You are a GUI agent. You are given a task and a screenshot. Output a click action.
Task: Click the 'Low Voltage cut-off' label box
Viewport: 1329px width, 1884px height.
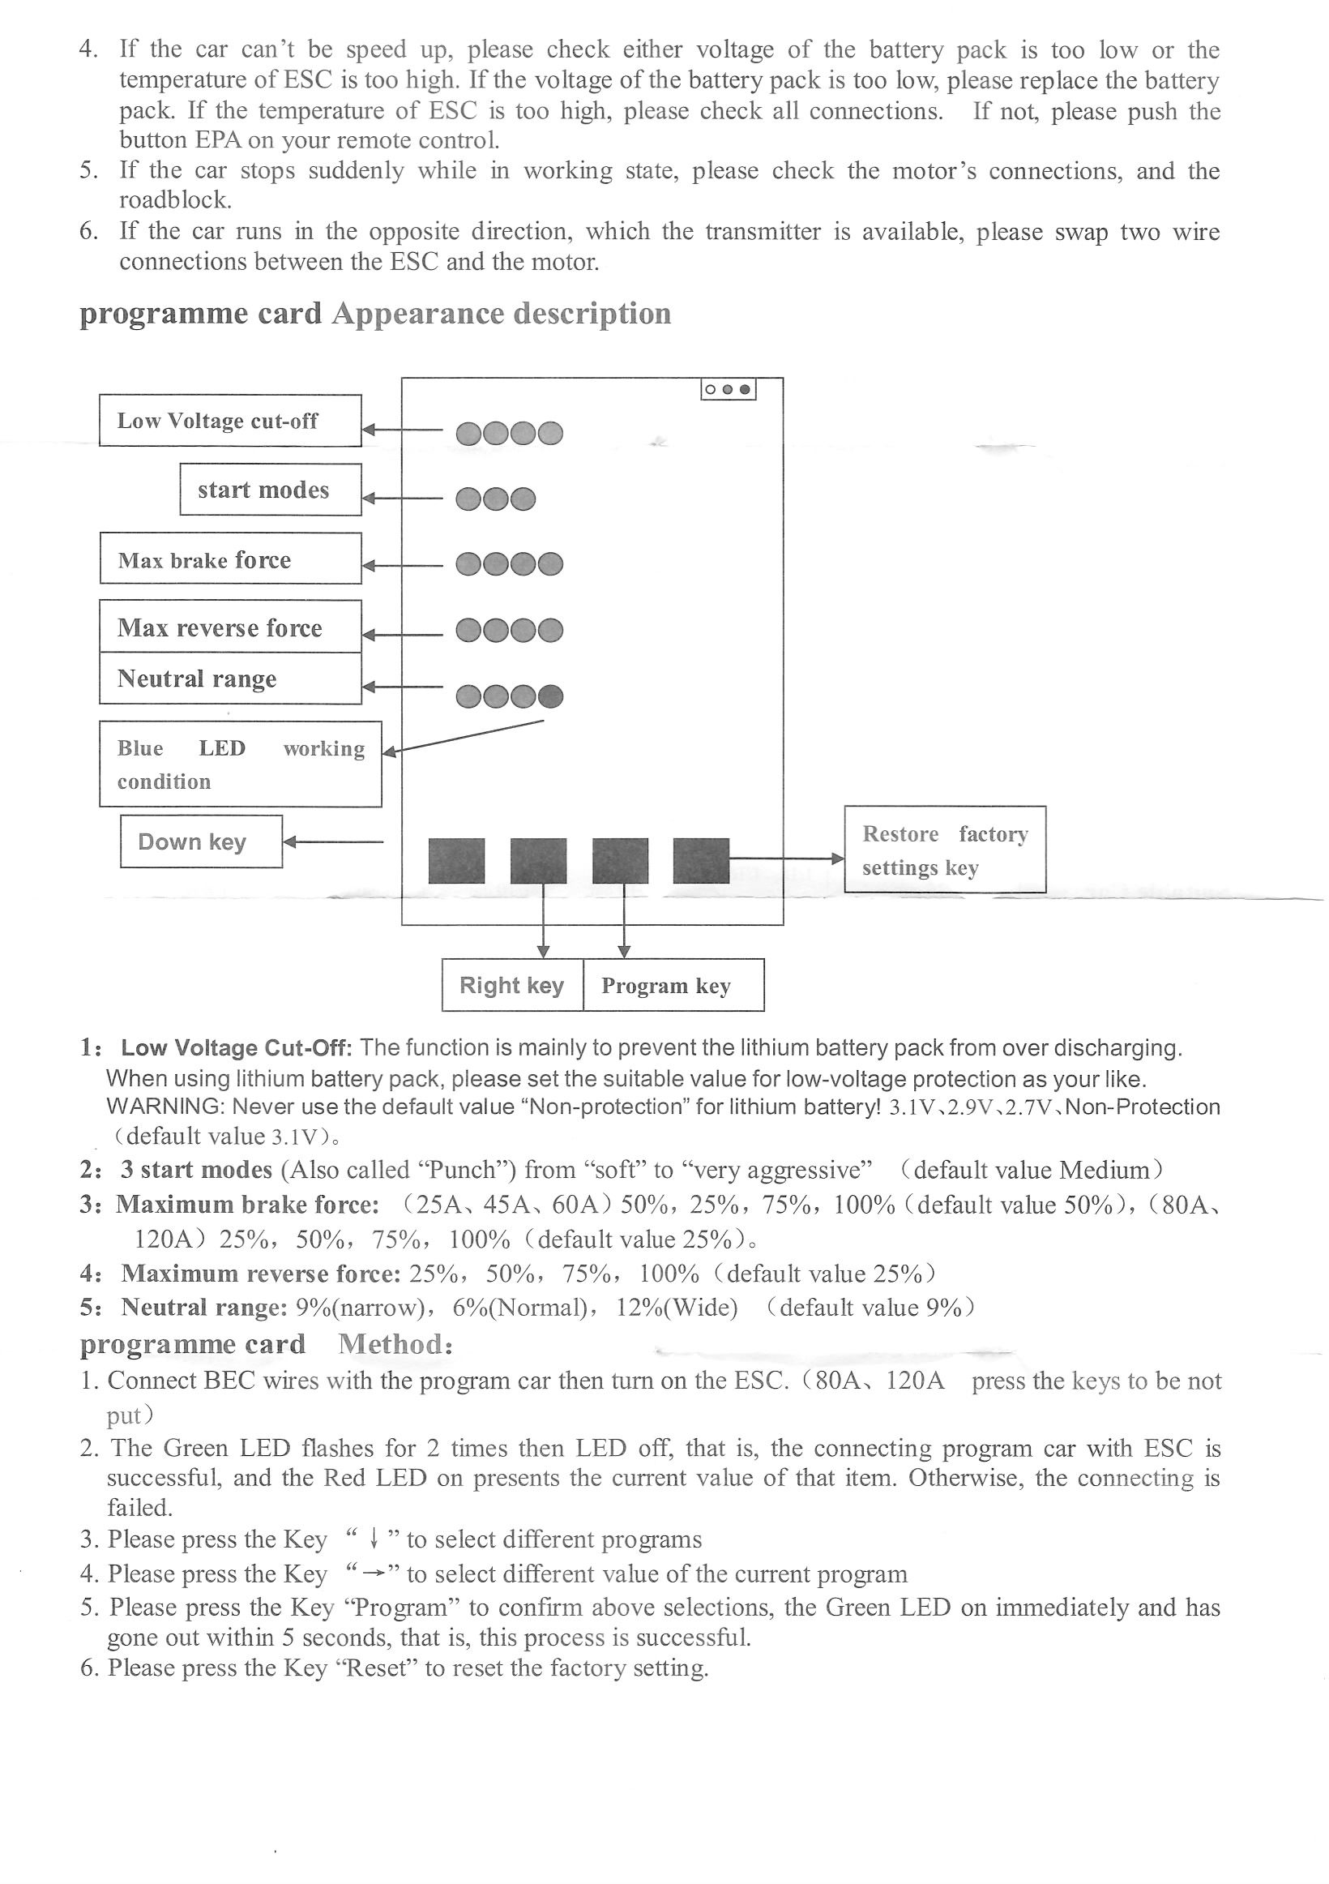click(229, 421)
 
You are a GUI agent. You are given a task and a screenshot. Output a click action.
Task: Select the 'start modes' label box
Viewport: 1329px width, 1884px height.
click(270, 490)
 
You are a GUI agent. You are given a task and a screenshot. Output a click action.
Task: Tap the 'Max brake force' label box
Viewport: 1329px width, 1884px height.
click(229, 559)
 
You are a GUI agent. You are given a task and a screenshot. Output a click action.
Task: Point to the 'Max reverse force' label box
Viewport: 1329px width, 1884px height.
click(229, 627)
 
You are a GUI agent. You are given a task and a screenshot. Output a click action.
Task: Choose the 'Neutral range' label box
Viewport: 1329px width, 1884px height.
click(229, 679)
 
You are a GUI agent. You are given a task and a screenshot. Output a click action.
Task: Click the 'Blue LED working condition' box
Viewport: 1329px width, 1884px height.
click(240, 764)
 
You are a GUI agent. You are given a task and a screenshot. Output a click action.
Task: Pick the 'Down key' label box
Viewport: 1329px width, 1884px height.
click(201, 841)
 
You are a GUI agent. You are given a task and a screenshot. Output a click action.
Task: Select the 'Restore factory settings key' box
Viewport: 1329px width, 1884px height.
click(944, 850)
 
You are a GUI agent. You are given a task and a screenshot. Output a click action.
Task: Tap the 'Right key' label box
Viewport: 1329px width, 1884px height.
click(512, 985)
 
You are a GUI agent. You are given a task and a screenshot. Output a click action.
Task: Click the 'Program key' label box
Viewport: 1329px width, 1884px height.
click(673, 985)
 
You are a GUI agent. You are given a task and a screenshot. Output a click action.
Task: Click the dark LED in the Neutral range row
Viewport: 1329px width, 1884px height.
click(550, 696)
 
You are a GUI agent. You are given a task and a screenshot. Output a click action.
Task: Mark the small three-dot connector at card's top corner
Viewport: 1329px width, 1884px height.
click(728, 390)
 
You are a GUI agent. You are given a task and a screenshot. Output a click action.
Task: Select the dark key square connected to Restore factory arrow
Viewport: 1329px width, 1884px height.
click(701, 860)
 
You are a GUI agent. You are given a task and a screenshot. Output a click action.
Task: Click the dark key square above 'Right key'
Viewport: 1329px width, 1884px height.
click(538, 860)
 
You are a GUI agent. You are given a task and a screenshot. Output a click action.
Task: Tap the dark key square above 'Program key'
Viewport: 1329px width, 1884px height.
click(620, 860)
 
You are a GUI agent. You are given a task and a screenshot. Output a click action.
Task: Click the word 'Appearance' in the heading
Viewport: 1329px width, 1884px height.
click(417, 315)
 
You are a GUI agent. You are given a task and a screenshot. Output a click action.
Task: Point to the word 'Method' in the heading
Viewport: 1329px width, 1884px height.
click(391, 1344)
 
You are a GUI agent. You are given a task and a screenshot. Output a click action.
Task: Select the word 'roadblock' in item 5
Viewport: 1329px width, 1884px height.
click(174, 200)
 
